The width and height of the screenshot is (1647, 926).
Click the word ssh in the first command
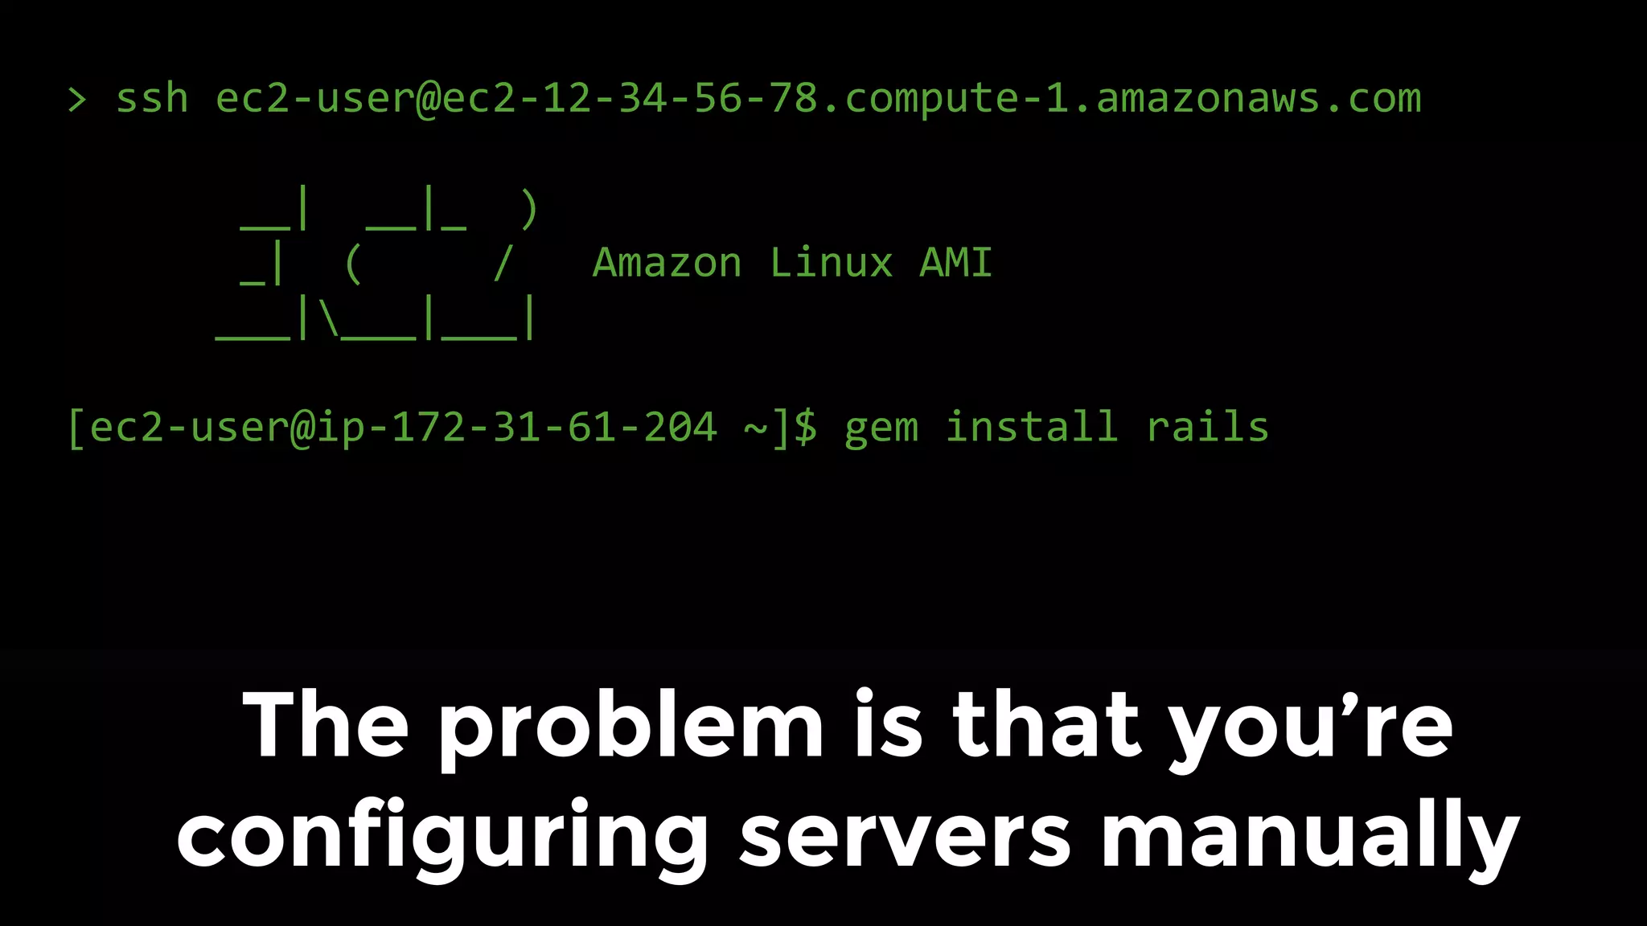[x=152, y=99]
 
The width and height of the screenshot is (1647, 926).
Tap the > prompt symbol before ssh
[x=77, y=100]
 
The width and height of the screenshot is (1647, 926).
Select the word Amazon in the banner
[x=667, y=263]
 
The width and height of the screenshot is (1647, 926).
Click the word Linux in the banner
[x=831, y=263]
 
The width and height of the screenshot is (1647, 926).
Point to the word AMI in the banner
[x=955, y=263]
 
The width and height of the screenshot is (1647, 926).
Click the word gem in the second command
[x=881, y=427]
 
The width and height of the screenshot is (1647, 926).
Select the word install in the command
[x=1031, y=427]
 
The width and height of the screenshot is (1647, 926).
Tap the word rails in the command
[x=1207, y=427]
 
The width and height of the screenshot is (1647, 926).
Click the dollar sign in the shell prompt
[x=806, y=427]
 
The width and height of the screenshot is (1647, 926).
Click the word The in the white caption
[x=326, y=725]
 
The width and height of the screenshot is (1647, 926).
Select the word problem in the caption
[x=631, y=727]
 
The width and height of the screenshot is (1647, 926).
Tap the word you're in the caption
[x=1311, y=727]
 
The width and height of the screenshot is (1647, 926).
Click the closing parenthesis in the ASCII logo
[x=528, y=210]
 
